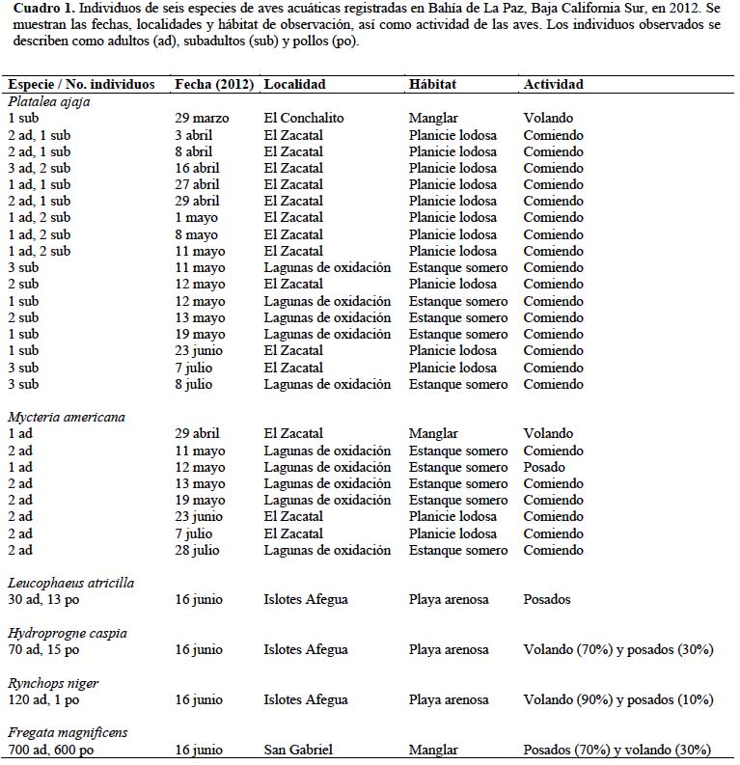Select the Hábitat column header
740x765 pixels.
click(x=434, y=84)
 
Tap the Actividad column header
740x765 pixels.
click(x=553, y=84)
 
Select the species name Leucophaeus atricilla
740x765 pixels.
click(x=70, y=583)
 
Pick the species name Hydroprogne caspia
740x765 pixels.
click(x=67, y=633)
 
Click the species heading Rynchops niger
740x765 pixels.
click(x=53, y=683)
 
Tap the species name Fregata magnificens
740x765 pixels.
click(x=67, y=733)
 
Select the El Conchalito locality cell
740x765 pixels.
click(x=304, y=118)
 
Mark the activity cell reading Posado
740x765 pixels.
click(x=544, y=467)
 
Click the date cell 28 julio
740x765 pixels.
click(x=200, y=550)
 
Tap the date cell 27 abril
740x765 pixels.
click(x=200, y=184)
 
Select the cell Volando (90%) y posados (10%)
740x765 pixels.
click(x=617, y=699)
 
